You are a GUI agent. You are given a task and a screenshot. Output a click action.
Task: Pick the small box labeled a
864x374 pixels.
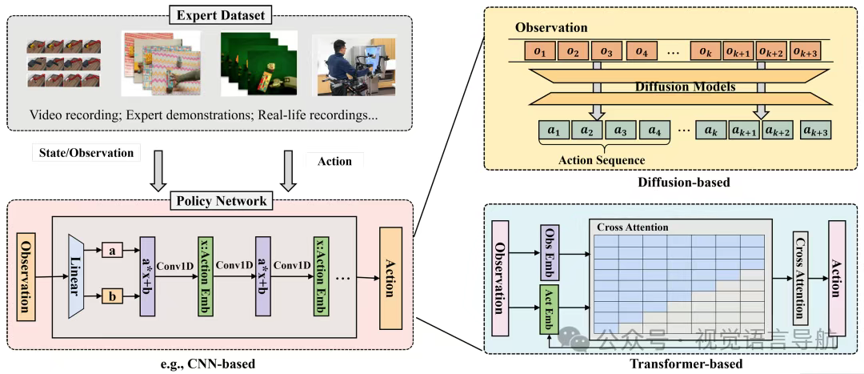tap(113, 251)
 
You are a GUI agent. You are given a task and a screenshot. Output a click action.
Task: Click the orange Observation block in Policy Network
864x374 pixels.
tap(26, 275)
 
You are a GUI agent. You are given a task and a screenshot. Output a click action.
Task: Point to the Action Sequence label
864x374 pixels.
tap(602, 160)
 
